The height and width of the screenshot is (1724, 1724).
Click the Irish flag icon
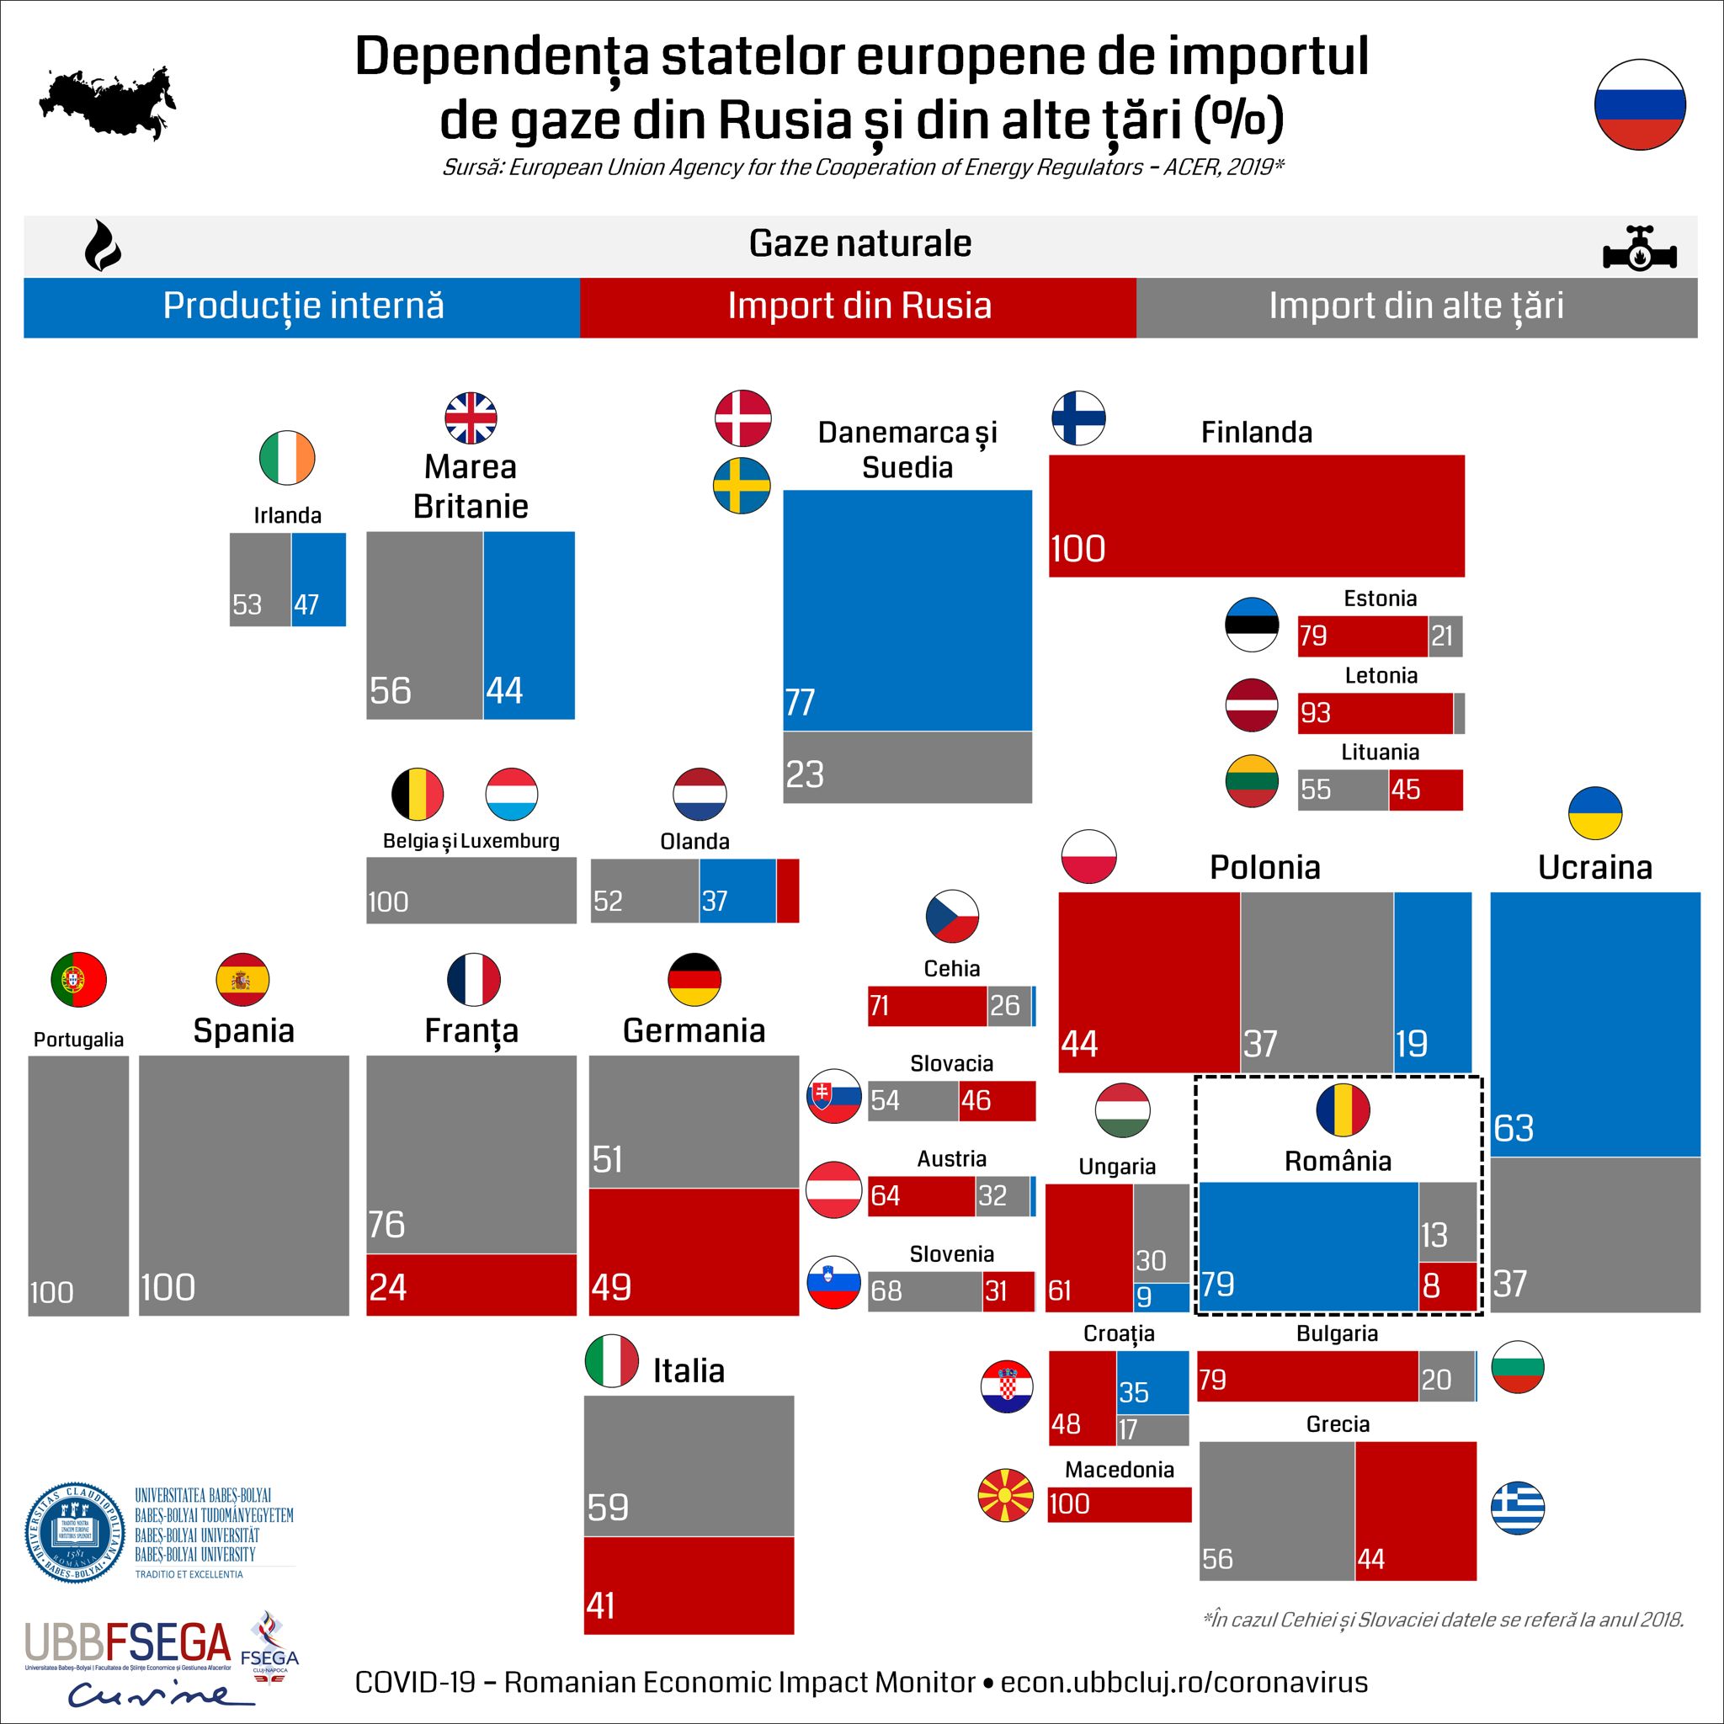tap(287, 458)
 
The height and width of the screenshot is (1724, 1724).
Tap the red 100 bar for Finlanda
tap(1257, 516)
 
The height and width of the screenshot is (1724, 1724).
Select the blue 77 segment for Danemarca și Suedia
tap(907, 610)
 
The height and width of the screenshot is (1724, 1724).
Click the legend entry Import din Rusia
tap(859, 307)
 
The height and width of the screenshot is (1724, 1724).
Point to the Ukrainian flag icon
tap(1594, 813)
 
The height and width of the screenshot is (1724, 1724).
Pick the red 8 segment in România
tap(1447, 1286)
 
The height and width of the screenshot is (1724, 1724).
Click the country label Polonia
tap(1264, 867)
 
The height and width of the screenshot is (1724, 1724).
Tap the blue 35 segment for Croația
tap(1153, 1382)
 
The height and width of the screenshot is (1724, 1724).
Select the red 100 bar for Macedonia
tap(1120, 1503)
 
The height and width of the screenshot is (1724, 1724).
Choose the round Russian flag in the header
tap(1640, 104)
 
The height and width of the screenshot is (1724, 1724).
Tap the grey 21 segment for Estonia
tap(1445, 636)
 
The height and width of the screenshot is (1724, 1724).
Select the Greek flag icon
tap(1518, 1508)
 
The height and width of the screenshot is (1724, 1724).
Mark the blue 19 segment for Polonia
tap(1432, 982)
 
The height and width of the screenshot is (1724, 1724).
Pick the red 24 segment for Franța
tap(471, 1284)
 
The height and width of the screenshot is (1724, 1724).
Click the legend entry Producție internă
tap(302, 307)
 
